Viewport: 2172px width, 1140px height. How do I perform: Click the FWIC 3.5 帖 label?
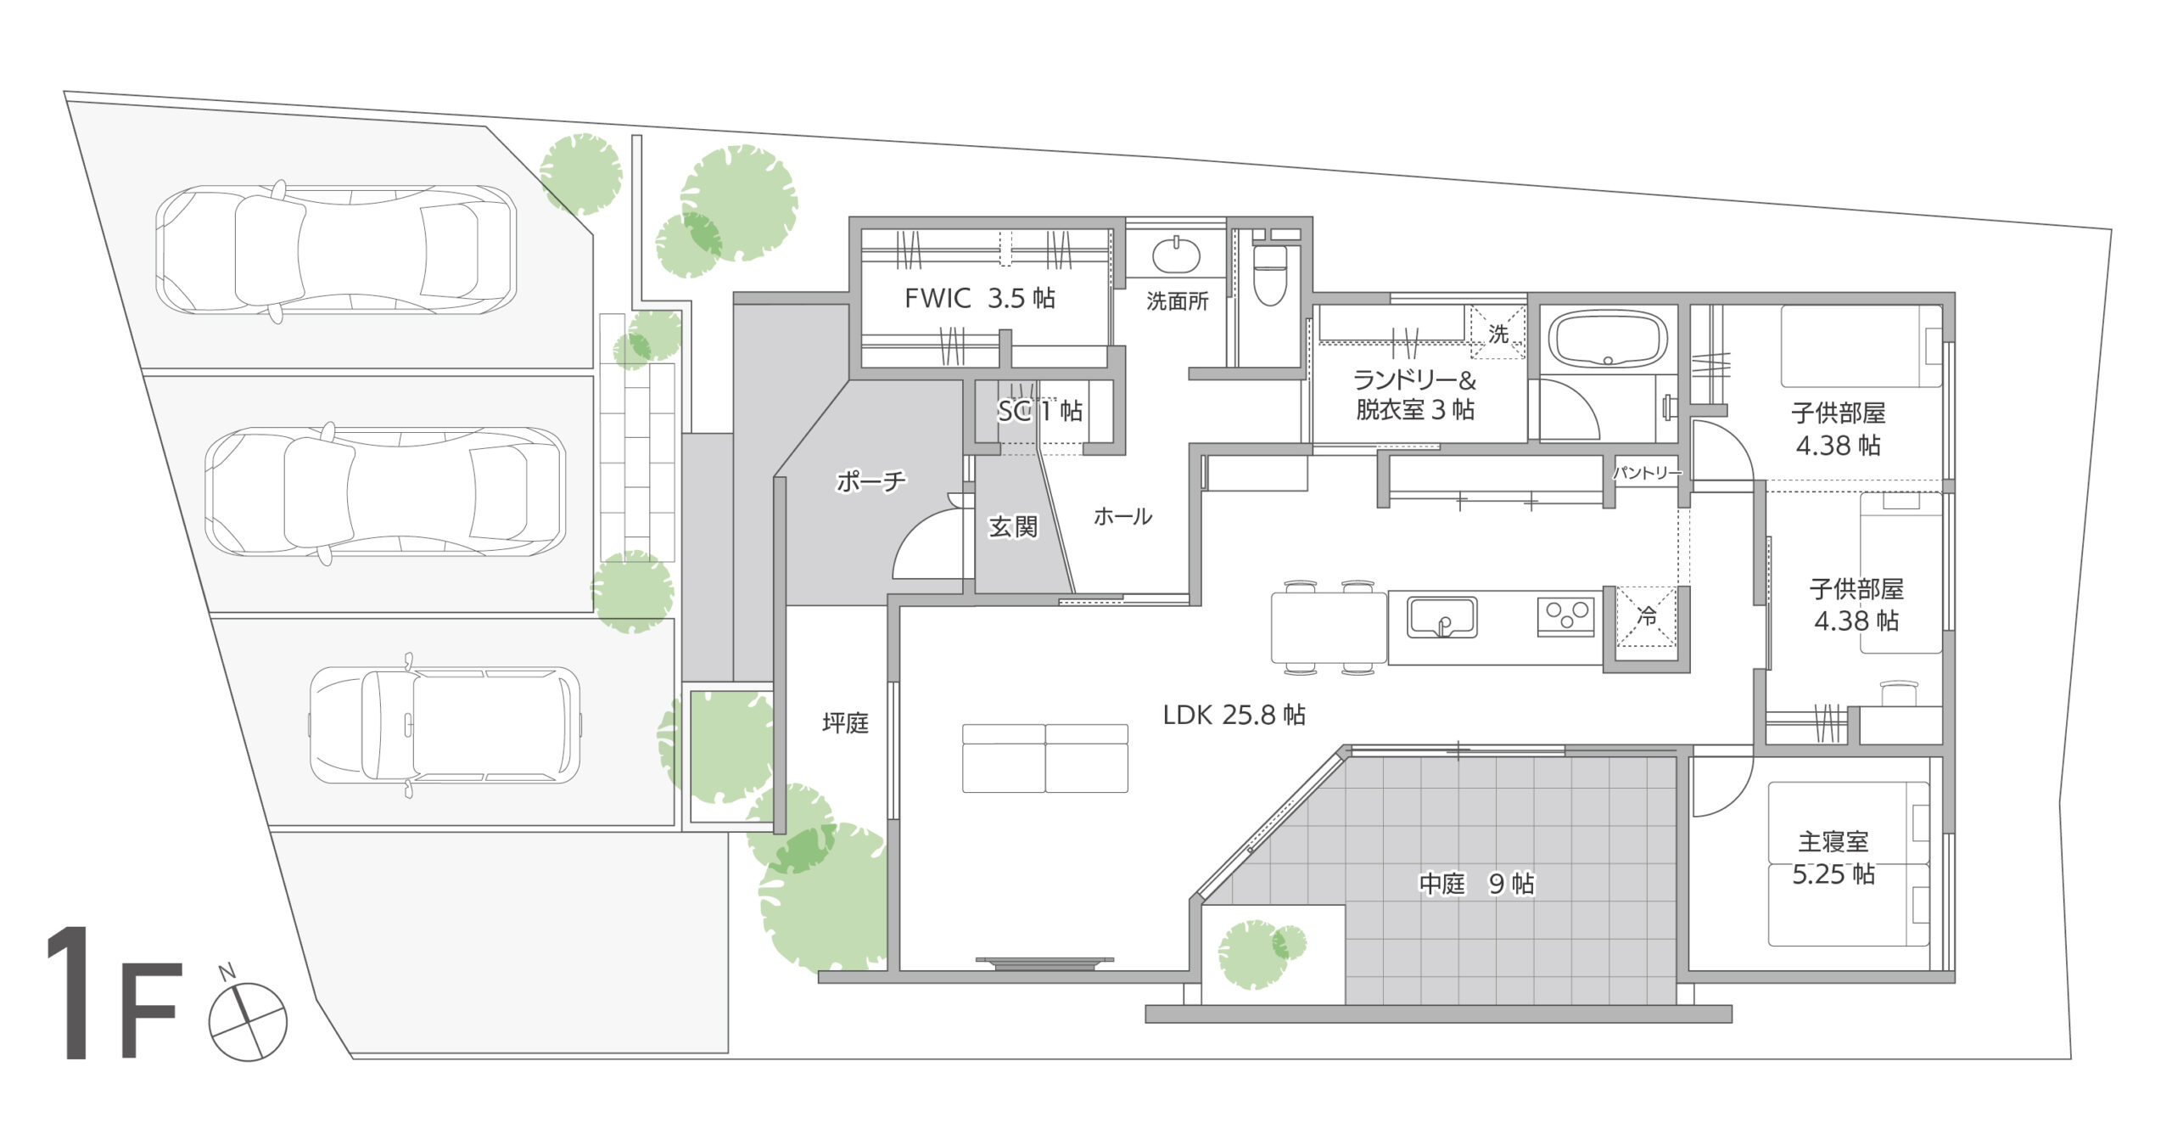click(980, 298)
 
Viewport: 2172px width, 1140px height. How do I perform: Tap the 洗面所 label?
click(1177, 301)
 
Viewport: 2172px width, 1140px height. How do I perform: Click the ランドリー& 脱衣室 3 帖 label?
click(1414, 394)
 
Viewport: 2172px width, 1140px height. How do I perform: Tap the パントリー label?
click(1646, 473)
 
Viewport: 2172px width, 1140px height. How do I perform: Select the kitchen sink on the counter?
click(1441, 617)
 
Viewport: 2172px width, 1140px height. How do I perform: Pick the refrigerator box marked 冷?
click(1646, 617)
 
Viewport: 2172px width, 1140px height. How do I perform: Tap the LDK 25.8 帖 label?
click(1234, 715)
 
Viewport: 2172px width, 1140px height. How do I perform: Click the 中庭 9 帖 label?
click(1476, 884)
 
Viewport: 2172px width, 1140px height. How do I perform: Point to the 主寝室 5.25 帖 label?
click(1833, 858)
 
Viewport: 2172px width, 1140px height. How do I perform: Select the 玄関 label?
click(1013, 527)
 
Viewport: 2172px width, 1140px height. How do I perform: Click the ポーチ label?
click(870, 482)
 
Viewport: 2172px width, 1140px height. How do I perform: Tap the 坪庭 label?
click(845, 723)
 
